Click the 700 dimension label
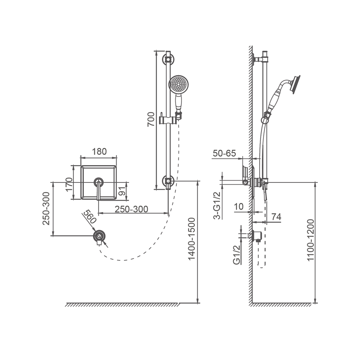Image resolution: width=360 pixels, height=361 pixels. click(151, 119)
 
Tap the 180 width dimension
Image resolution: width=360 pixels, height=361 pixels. click(99, 151)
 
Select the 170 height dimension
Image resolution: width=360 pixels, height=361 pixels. click(69, 184)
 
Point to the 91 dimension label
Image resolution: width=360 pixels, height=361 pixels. click(123, 190)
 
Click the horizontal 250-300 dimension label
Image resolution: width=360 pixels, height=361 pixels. click(131, 209)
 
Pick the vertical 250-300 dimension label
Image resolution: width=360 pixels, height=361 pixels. click(46, 208)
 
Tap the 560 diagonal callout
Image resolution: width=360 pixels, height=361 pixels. click(89, 217)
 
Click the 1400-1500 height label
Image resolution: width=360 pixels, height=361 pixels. click(191, 239)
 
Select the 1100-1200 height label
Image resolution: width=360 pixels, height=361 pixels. click(310, 240)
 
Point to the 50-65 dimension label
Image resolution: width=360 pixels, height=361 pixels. click(224, 153)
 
